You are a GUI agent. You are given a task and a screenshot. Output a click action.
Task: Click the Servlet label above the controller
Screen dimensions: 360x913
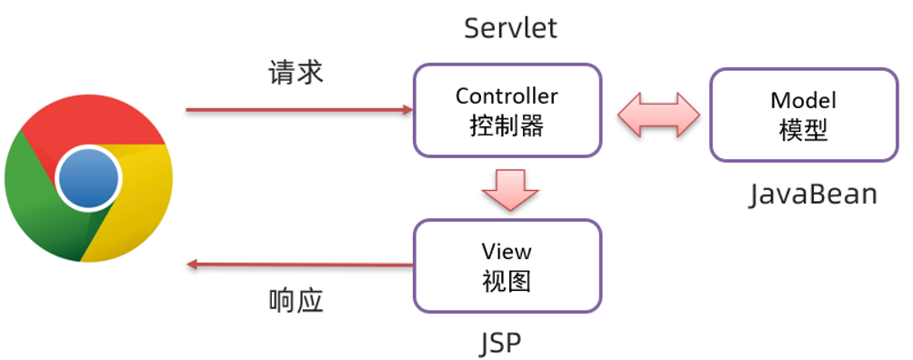point(510,28)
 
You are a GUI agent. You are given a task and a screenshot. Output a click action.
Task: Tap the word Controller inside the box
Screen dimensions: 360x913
point(507,95)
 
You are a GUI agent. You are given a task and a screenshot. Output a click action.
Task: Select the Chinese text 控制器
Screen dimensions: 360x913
point(507,125)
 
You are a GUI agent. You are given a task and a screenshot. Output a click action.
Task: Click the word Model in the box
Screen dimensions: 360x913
point(802,99)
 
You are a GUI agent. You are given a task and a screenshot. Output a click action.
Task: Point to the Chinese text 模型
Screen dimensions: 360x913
point(802,130)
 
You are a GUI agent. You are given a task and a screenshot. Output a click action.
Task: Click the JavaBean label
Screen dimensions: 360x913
point(813,195)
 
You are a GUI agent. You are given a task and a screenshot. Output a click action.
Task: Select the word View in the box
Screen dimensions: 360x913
point(507,250)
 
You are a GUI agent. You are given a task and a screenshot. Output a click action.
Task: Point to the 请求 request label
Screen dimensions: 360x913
point(296,73)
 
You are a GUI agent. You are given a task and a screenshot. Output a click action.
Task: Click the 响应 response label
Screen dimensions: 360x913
point(296,301)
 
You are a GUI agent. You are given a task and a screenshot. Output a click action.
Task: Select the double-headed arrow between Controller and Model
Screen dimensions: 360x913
point(657,115)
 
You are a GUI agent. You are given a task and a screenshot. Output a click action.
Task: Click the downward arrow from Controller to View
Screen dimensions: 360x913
point(510,187)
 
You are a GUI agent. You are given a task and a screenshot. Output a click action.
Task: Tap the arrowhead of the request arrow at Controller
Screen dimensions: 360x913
point(406,110)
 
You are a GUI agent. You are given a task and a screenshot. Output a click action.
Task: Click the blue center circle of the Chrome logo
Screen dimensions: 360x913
point(88,177)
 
